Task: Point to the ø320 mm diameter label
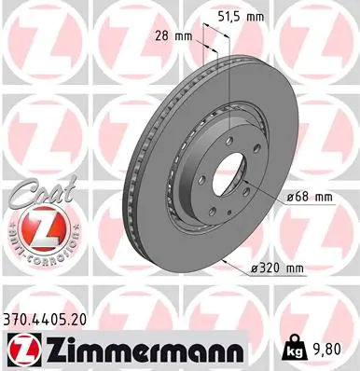click(280, 269)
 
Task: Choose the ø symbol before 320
click(257, 269)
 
